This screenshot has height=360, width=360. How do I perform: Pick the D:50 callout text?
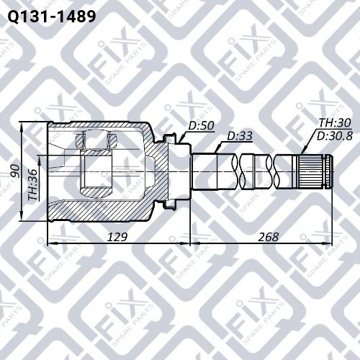202,126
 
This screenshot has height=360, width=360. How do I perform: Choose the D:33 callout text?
240,136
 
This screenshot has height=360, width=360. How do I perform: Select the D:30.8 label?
332,135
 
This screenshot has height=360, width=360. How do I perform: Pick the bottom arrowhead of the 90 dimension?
22,219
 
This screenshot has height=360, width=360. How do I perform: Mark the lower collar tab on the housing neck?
170,207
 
